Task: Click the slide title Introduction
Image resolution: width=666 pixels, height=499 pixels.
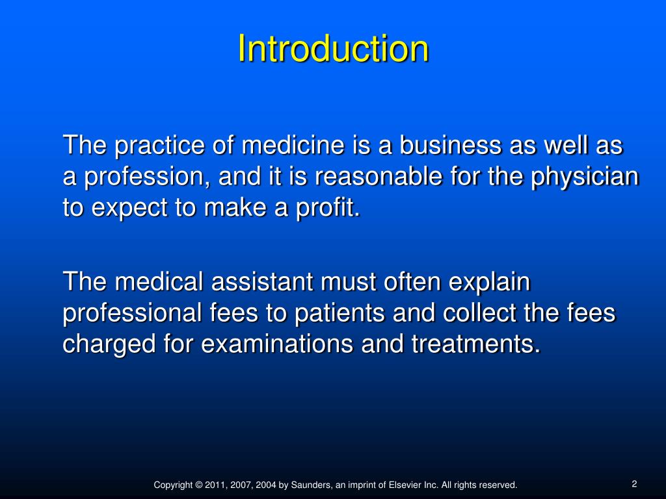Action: click(333, 49)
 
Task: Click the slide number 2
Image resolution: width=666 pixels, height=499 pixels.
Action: click(633, 483)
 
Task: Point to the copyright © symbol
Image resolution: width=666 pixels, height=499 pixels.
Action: click(198, 485)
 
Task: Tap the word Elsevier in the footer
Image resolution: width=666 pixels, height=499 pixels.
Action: click(406, 485)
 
